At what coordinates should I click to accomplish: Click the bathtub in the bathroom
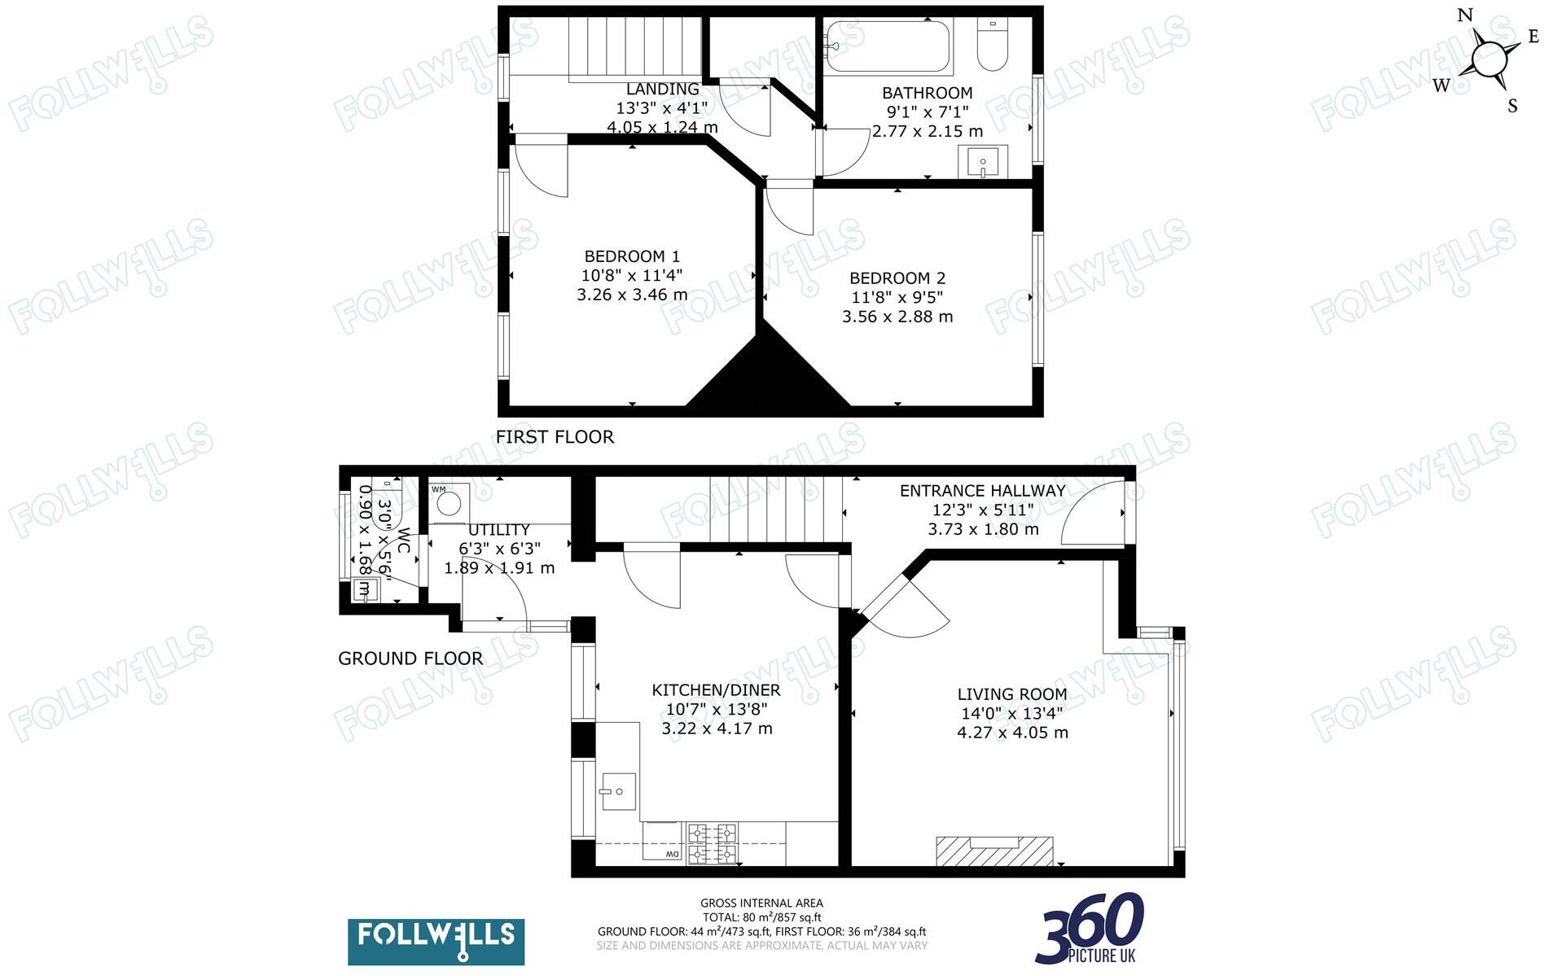coord(887,46)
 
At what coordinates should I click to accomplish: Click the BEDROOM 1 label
coord(632,256)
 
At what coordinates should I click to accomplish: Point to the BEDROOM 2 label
coord(897,278)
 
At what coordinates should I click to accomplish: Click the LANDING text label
coord(662,90)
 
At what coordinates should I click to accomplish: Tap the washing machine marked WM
coord(448,501)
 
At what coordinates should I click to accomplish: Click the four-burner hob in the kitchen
coord(713,843)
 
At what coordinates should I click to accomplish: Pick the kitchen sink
coord(618,790)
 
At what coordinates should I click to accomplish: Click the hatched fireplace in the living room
coord(994,851)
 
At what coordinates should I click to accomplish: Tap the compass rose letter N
coord(1465,15)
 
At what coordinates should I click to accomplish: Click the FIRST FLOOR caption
coord(555,437)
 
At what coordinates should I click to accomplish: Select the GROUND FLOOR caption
coord(410,659)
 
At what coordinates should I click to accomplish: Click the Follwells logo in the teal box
coord(436,942)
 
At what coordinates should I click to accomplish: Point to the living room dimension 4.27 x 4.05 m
coord(1012,733)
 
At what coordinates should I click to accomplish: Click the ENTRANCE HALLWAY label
coord(982,491)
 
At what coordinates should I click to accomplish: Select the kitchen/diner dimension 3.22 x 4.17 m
coord(717,729)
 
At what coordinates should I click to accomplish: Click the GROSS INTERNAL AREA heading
coord(761,903)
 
